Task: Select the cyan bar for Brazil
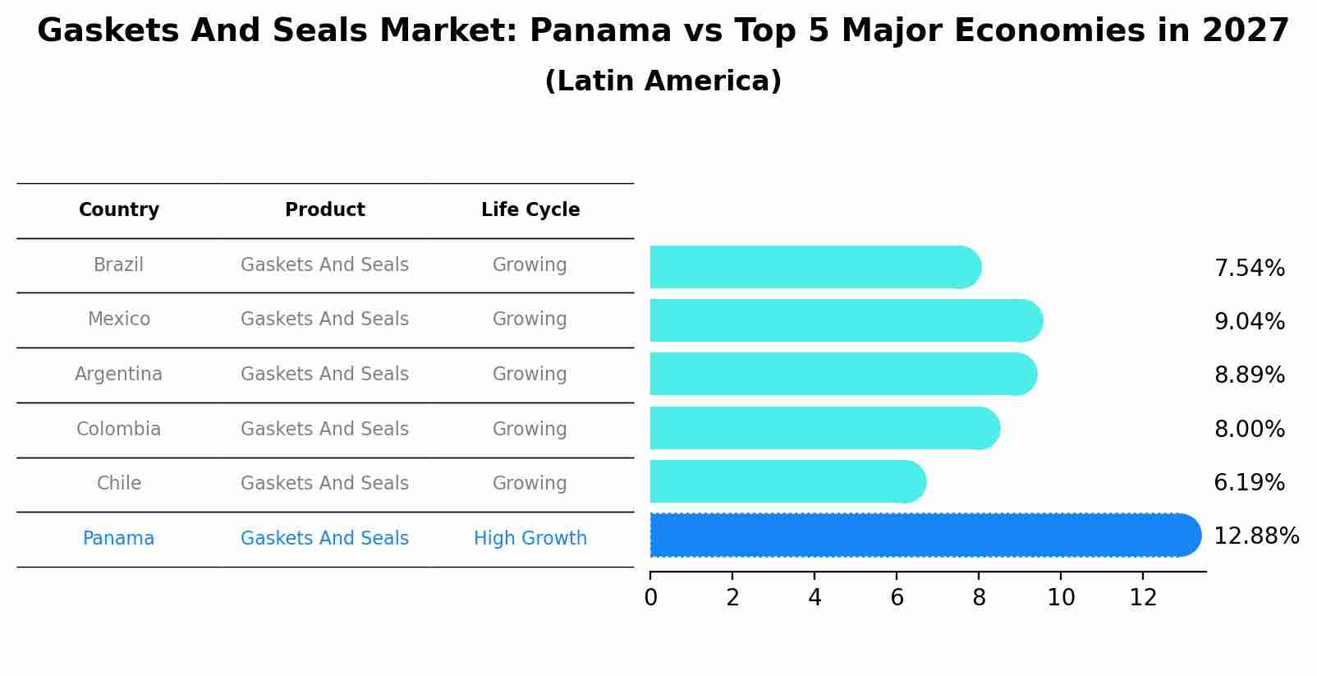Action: click(x=813, y=267)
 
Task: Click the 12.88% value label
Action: click(x=1255, y=536)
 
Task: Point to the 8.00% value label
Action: click(x=1249, y=429)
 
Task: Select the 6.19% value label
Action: click(x=1249, y=482)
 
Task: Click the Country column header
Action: click(x=119, y=210)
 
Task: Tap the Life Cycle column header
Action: click(x=530, y=210)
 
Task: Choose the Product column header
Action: click(x=325, y=210)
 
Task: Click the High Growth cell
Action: click(x=530, y=538)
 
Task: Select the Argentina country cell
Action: click(x=119, y=375)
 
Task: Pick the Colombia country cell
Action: click(x=119, y=429)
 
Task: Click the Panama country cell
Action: click(x=119, y=538)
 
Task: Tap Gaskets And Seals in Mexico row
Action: click(x=325, y=320)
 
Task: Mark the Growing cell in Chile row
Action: click(x=530, y=483)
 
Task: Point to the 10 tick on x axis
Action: click(x=1061, y=598)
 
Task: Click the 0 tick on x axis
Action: click(x=651, y=598)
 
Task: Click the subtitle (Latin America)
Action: click(x=663, y=81)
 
